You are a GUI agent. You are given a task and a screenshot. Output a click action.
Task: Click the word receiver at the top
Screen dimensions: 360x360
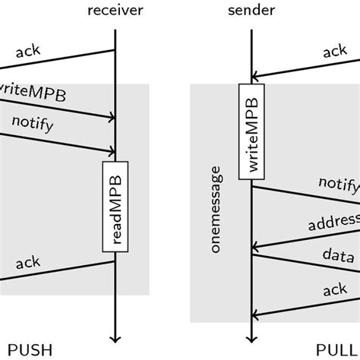click(115, 10)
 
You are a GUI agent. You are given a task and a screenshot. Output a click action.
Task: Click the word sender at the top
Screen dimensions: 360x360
click(251, 10)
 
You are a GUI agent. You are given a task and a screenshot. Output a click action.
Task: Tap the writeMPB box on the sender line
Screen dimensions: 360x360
click(251, 131)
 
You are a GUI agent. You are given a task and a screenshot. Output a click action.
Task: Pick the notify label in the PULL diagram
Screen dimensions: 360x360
click(339, 185)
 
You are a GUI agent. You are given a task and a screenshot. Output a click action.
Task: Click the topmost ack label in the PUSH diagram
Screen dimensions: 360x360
click(27, 51)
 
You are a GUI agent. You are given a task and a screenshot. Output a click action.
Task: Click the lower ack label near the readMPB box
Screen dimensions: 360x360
click(27, 264)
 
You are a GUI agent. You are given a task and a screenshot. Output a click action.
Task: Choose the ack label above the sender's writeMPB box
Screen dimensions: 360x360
click(335, 52)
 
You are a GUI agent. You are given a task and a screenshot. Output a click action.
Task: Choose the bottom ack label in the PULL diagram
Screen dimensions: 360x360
click(335, 290)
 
